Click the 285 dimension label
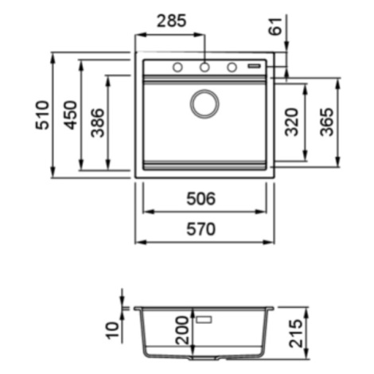coord(172,21)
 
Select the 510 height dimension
coord(42,115)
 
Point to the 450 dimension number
coord(71,115)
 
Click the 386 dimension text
coord(97,123)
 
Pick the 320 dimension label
coord(291,122)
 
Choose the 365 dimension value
coord(326,122)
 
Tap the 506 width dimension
coord(201,199)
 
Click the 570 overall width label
coord(201,229)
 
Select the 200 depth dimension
coord(182,330)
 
